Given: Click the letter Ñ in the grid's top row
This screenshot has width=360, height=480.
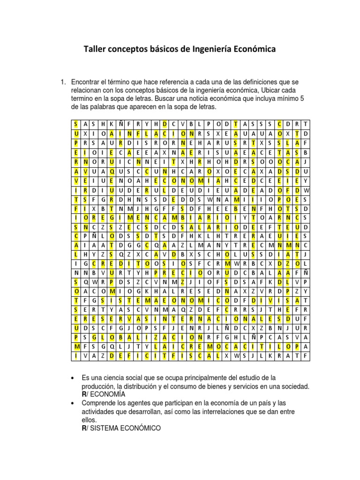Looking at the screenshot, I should [120, 124].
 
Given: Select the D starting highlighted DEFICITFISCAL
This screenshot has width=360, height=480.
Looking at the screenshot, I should [112, 356].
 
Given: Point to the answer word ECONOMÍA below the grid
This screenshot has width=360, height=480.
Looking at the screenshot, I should [106, 394].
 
